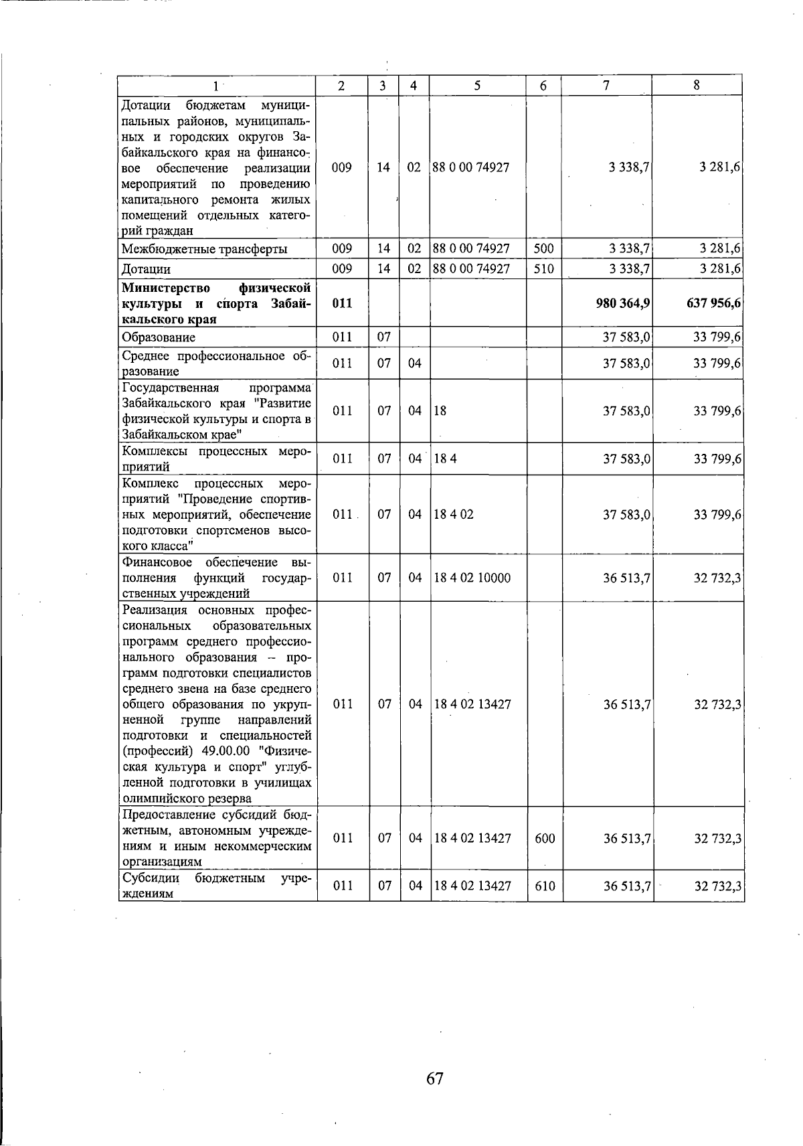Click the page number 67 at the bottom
point(435,1078)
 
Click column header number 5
point(477,85)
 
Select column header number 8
point(697,85)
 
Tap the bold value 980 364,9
point(623,303)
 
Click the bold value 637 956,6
point(713,303)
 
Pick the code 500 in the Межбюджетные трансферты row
point(544,249)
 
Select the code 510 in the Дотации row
point(544,269)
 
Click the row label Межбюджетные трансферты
point(205,250)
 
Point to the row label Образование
point(159,337)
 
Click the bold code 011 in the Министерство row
point(342,303)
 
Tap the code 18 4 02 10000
point(472,578)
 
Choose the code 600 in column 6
point(545,838)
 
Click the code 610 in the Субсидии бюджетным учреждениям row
point(545,886)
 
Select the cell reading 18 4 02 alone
point(454,515)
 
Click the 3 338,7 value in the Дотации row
point(628,269)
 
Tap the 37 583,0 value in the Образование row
point(627,337)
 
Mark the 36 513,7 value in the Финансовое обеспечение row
point(627,578)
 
